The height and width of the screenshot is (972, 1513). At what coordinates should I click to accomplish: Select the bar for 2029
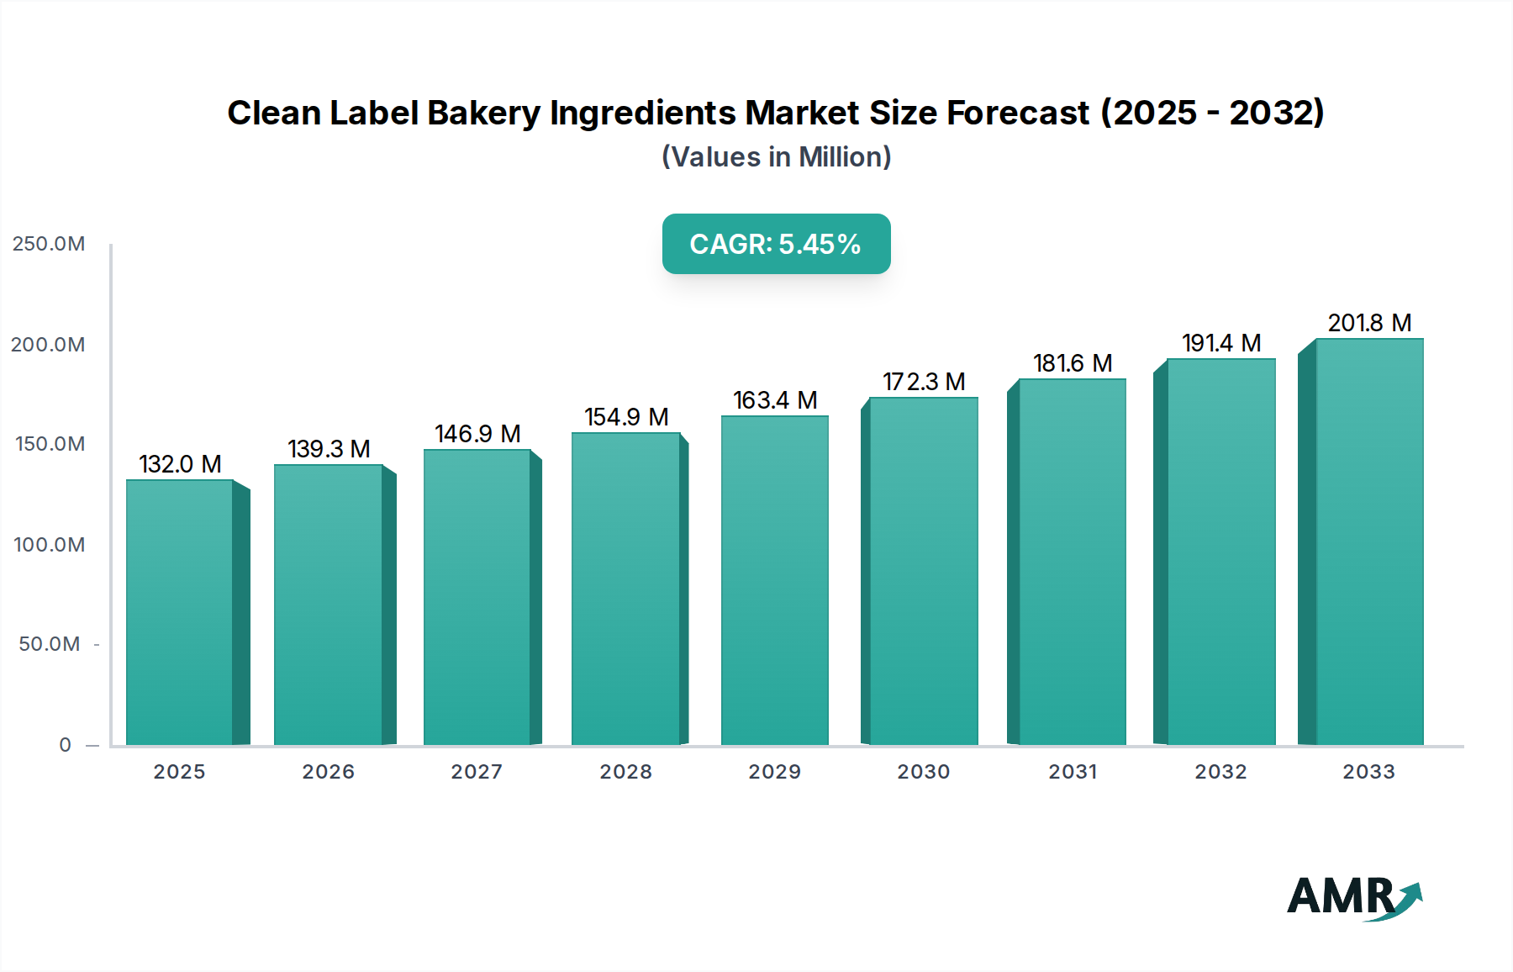pos(774,580)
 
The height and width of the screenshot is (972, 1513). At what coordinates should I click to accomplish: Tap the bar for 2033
pos(1368,541)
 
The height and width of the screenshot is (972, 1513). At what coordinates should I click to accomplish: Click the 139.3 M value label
pos(329,449)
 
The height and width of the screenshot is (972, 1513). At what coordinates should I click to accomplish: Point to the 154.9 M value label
pos(626,417)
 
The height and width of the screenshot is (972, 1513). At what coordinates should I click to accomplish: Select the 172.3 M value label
pos(924,382)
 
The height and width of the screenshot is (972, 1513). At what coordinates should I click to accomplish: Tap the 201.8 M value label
pos(1369,323)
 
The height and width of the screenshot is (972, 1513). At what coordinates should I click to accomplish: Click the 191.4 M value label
pos(1221,343)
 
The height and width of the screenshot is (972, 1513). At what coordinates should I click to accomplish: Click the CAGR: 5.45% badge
pos(776,244)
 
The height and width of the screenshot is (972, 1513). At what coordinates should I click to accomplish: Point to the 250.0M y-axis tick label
pos(49,244)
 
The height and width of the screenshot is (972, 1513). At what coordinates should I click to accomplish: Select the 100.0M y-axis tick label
pos(49,545)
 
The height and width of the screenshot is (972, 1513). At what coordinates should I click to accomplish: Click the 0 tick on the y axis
pos(65,745)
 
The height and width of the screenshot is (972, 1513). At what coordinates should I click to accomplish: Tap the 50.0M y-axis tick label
pos(50,644)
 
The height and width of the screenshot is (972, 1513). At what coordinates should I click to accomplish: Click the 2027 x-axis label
pos(477,772)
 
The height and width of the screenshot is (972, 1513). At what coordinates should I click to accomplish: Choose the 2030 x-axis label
pos(923,772)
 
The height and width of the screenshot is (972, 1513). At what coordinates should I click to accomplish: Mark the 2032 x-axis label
pos(1220,772)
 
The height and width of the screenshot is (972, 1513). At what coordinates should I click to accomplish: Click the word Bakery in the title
pos(483,113)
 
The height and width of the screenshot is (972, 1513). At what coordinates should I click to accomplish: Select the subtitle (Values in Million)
pos(776,157)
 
